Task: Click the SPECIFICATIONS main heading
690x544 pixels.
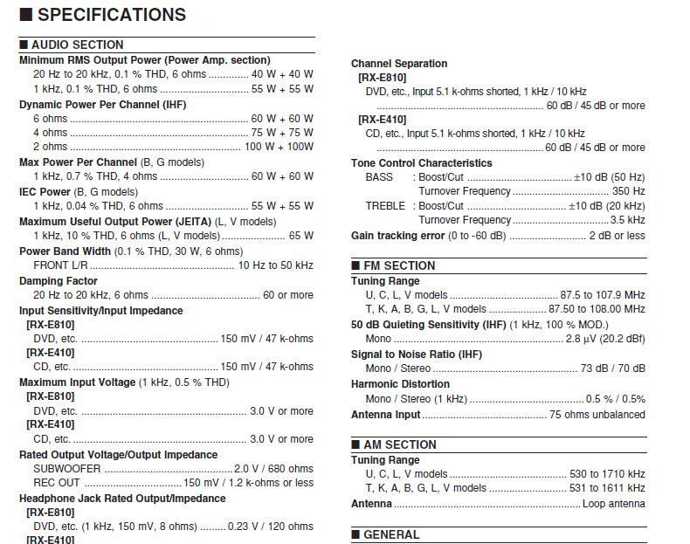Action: coord(111,15)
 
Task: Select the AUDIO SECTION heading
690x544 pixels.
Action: coord(77,45)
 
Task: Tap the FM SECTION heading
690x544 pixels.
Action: coord(399,265)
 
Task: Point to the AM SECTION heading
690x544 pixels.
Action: coord(399,444)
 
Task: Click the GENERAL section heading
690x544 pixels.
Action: coord(390,534)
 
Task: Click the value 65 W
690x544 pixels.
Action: coord(300,236)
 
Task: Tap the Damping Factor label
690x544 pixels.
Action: coord(59,281)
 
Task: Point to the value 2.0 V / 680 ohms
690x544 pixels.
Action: coord(273,469)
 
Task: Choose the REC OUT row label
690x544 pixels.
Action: coord(57,483)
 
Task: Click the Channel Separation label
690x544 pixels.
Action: coord(399,64)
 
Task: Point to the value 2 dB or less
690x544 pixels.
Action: coord(617,236)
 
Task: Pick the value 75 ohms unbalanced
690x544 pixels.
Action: coord(597,415)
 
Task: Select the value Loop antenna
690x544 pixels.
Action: coord(613,504)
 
